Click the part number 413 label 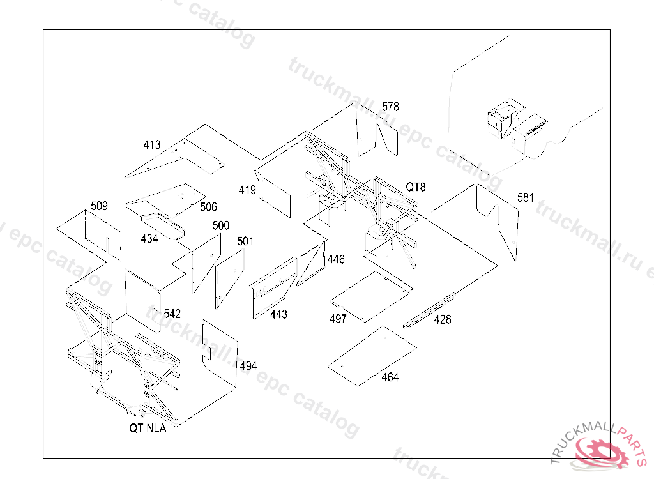[x=152, y=145]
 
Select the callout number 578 [x=390, y=107]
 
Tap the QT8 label [x=416, y=187]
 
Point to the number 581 [x=526, y=197]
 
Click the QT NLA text [x=148, y=428]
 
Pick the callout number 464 [x=390, y=377]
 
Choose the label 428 [x=443, y=319]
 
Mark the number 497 [x=338, y=319]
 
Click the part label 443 [x=278, y=314]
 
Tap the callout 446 [x=336, y=259]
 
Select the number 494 [x=248, y=366]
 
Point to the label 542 [x=172, y=314]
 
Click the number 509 [x=99, y=206]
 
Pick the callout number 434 [x=149, y=239]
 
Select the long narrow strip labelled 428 [x=429, y=310]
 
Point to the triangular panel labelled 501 [x=229, y=278]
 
